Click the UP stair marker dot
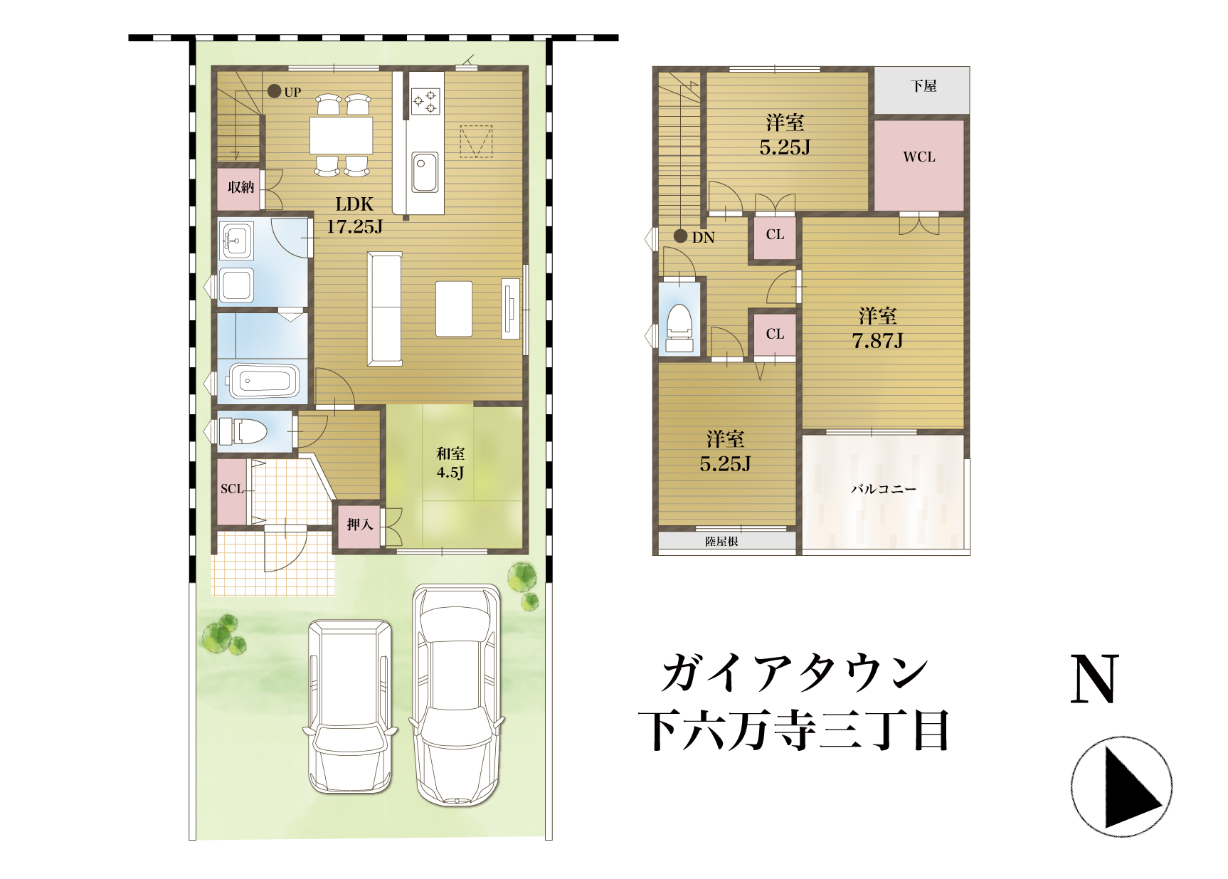[x=274, y=91]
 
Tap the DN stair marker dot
[x=681, y=236]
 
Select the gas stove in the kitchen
[x=425, y=101]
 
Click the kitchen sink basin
[x=425, y=172]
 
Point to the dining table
[x=342, y=135]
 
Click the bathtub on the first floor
[x=263, y=381]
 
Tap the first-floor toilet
[x=243, y=431]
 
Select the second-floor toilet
[x=679, y=328]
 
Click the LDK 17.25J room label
[x=354, y=215]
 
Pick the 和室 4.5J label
[x=450, y=463]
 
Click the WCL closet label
[x=919, y=157]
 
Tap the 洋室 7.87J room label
[x=878, y=328]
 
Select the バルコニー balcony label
[x=884, y=489]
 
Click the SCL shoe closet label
[x=232, y=489]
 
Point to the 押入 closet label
[x=359, y=525]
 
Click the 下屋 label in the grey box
[x=923, y=86]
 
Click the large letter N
[x=1095, y=680]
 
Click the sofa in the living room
[x=385, y=309]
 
